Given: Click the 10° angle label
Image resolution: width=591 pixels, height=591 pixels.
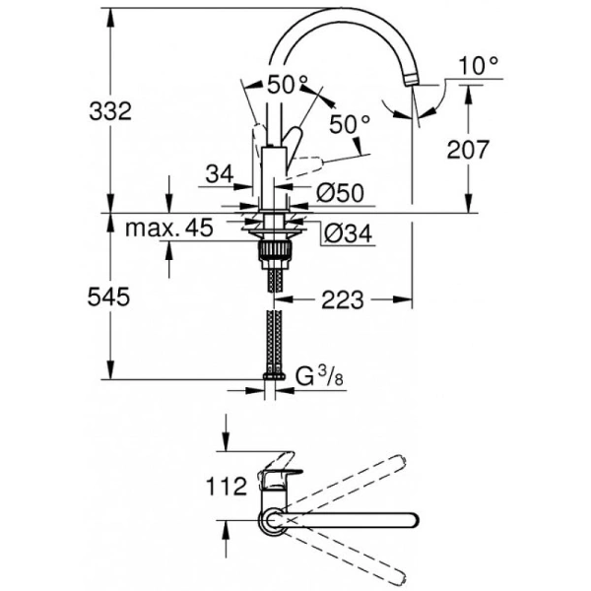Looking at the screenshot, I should point(479,66).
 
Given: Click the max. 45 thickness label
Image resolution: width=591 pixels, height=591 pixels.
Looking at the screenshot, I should point(170,230).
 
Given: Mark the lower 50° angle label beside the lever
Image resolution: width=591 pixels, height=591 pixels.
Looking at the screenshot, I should point(350,124).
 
